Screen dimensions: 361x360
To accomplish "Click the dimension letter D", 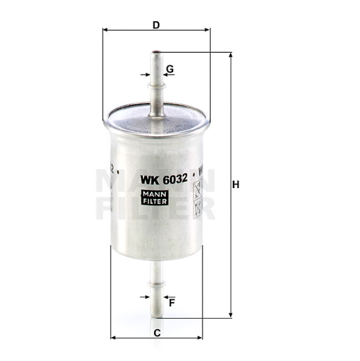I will [156, 25].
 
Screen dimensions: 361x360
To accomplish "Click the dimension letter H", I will [236, 185].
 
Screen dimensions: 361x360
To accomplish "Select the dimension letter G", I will [170, 69].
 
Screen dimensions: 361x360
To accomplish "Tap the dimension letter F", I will [172, 302].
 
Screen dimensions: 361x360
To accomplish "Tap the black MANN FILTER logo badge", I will [155, 197].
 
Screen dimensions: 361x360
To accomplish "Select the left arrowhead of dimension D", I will [105, 31].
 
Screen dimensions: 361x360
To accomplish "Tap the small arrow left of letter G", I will [145, 75].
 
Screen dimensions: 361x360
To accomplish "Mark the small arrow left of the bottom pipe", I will [145, 297].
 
